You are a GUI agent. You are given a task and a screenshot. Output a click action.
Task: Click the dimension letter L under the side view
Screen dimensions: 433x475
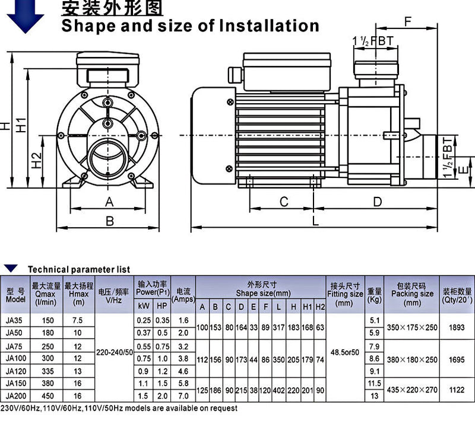point(316,221)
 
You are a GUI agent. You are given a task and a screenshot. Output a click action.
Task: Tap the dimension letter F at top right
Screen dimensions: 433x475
point(407,22)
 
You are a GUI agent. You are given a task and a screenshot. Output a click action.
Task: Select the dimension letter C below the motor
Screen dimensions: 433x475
point(284,202)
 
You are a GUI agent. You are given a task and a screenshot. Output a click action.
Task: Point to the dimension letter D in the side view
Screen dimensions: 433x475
point(378,202)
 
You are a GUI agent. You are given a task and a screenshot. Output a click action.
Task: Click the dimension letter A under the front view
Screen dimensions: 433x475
point(109,202)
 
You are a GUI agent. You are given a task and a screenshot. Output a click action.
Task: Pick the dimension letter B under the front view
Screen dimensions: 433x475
point(109,221)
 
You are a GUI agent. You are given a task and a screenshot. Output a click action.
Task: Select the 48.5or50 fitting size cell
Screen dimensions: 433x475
point(345,352)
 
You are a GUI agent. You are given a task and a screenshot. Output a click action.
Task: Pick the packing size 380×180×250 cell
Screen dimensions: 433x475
point(411,359)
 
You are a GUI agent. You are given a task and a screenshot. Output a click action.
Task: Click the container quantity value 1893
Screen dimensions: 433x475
point(457,327)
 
